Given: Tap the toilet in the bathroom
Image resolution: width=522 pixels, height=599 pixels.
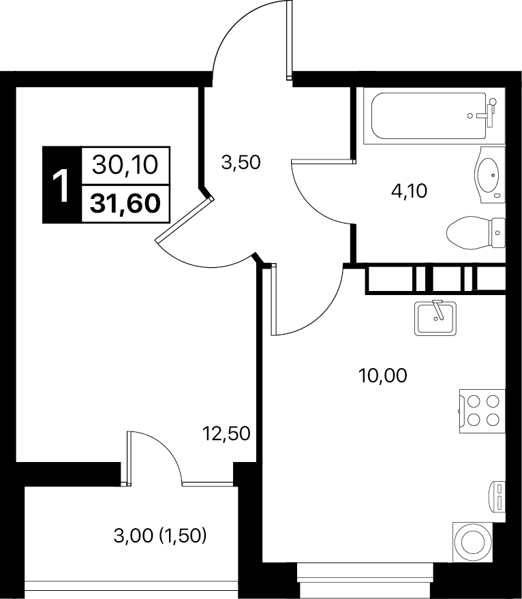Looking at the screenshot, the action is [476, 232].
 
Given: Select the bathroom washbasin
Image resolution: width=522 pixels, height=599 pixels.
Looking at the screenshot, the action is [489, 175].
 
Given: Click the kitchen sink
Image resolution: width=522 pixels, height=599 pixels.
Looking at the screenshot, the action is [435, 319].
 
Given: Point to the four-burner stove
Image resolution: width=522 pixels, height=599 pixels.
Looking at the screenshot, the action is [482, 411].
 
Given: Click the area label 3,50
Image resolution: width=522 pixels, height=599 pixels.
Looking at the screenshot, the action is [241, 162].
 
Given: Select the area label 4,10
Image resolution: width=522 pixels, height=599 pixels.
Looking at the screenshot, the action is [408, 191].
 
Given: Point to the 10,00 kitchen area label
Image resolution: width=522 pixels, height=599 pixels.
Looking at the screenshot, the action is [382, 375].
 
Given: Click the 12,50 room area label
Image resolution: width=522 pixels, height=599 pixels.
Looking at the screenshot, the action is [226, 433].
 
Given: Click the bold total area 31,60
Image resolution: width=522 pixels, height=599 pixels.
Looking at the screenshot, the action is [125, 204].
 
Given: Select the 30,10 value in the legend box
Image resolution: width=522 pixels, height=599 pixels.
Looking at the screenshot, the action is [125, 166].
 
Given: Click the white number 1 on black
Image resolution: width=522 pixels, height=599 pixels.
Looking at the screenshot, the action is [61, 185].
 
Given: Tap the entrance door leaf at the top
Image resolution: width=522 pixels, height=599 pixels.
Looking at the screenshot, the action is [289, 40].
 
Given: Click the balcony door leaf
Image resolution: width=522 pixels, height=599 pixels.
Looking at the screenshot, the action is [129, 459].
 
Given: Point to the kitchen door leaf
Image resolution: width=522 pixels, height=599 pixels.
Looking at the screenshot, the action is [274, 299].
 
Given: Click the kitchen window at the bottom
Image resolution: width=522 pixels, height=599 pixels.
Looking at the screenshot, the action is [365, 582].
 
